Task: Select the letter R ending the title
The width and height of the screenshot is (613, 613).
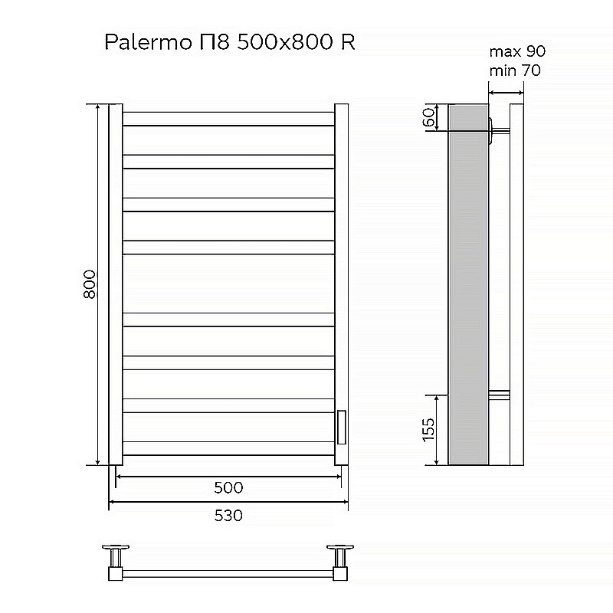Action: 347,43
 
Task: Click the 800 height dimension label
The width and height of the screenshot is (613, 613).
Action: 89,285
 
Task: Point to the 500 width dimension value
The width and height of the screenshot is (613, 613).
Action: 228,488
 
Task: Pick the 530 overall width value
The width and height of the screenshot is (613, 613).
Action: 228,515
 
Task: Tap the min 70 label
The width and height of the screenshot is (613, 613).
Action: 515,71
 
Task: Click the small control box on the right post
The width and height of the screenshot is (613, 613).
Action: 342,426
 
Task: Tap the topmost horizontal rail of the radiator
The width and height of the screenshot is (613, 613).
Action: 228,119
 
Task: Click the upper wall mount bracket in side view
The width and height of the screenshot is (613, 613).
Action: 498,130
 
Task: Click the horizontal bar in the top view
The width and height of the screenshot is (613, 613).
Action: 228,572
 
